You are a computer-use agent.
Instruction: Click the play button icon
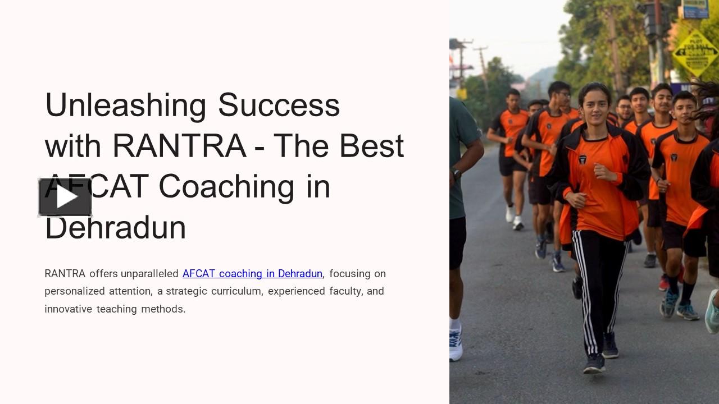65,197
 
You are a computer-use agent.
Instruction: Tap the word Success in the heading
279,105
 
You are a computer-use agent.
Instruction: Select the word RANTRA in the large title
179,146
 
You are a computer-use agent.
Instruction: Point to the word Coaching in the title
226,187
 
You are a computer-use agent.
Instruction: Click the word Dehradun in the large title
116,227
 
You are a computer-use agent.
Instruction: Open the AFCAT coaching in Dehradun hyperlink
252,274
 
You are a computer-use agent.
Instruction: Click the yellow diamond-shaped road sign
695,53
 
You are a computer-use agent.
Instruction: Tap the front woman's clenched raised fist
600,171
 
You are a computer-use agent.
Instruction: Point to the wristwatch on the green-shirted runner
456,174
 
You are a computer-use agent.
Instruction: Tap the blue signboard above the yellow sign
695,9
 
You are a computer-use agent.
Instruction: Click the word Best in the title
371,146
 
